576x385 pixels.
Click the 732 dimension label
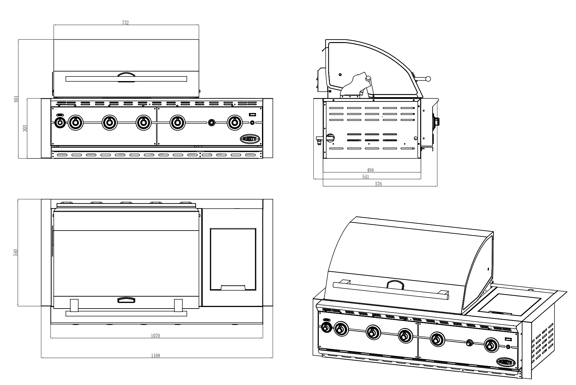pyautogui.click(x=125, y=22)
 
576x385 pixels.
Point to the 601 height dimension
pyautogui.click(x=18, y=98)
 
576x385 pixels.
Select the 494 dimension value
pyautogui.click(x=370, y=170)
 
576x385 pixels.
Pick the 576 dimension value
pyautogui.click(x=378, y=184)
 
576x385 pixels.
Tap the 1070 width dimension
pyautogui.click(x=155, y=336)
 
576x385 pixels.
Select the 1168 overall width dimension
pyautogui.click(x=155, y=356)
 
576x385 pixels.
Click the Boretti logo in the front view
pyautogui.click(x=251, y=138)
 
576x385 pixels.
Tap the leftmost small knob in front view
pyautogui.click(x=60, y=123)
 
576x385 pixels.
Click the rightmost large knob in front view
pyautogui.click(x=235, y=123)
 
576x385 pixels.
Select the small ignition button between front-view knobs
pyautogui.click(x=212, y=123)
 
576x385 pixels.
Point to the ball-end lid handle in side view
pyautogui.click(x=428, y=79)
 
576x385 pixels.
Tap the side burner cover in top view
pyautogui.click(x=233, y=259)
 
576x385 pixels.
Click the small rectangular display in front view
pyautogui.click(x=252, y=115)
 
